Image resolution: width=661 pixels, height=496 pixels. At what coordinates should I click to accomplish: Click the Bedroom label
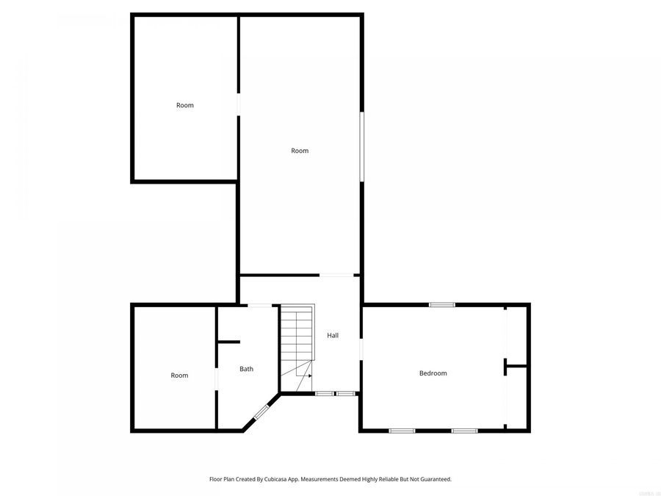click(433, 373)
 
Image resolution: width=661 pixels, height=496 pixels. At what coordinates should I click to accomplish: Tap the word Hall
click(333, 335)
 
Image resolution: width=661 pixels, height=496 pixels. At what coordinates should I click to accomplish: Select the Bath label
click(246, 369)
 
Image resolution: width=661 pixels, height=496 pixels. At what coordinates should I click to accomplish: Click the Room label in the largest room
click(300, 151)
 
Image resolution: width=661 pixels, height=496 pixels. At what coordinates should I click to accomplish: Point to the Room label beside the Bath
click(179, 375)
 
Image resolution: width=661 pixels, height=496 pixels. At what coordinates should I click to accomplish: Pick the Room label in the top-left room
click(185, 105)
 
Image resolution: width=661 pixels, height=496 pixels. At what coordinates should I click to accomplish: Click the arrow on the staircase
click(308, 375)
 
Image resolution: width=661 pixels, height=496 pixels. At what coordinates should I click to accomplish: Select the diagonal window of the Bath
click(261, 413)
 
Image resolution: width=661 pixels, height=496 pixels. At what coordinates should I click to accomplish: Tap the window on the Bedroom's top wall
click(442, 304)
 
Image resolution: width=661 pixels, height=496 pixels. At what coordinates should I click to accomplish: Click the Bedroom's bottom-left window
click(402, 431)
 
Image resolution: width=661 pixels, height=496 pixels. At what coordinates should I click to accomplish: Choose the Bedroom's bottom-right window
click(464, 431)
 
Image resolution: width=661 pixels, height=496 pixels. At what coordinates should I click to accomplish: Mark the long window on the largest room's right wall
click(361, 145)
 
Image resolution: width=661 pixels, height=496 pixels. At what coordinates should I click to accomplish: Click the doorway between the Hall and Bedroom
click(361, 349)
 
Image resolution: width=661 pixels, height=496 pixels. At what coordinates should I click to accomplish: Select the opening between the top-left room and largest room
click(238, 104)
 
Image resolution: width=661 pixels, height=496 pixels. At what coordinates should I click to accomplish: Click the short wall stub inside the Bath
click(228, 342)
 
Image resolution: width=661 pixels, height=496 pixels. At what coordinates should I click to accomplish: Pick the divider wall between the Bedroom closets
click(517, 365)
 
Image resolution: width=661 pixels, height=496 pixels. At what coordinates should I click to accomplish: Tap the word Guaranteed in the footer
click(433, 479)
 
